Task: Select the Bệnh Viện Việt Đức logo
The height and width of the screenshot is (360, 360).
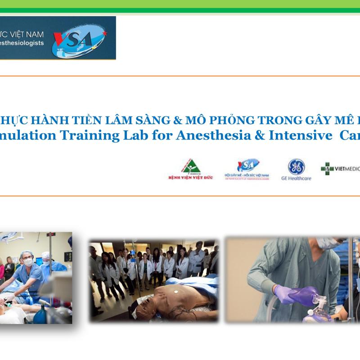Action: [x=190, y=169]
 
